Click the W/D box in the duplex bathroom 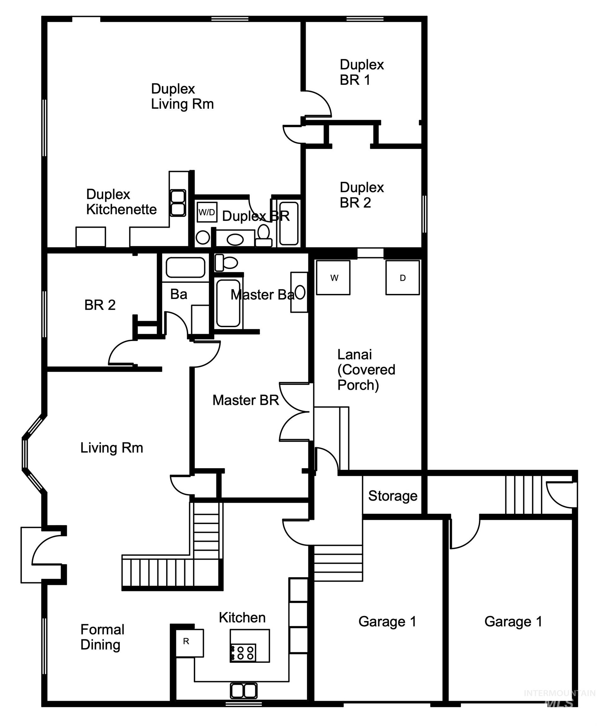pyautogui.click(x=207, y=212)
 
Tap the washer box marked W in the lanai pyautogui.click(x=333, y=277)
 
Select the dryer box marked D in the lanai pyautogui.click(x=402, y=277)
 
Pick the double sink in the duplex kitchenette pyautogui.click(x=178, y=203)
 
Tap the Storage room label pyautogui.click(x=392, y=496)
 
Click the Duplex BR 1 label pyautogui.click(x=361, y=72)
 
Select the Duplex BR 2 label pyautogui.click(x=361, y=195)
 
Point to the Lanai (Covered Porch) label pyautogui.click(x=366, y=370)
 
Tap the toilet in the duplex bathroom pyautogui.click(x=264, y=235)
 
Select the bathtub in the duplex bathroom pyautogui.click(x=288, y=223)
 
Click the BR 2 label pyautogui.click(x=100, y=305)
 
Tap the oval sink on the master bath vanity pyautogui.click(x=300, y=292)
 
